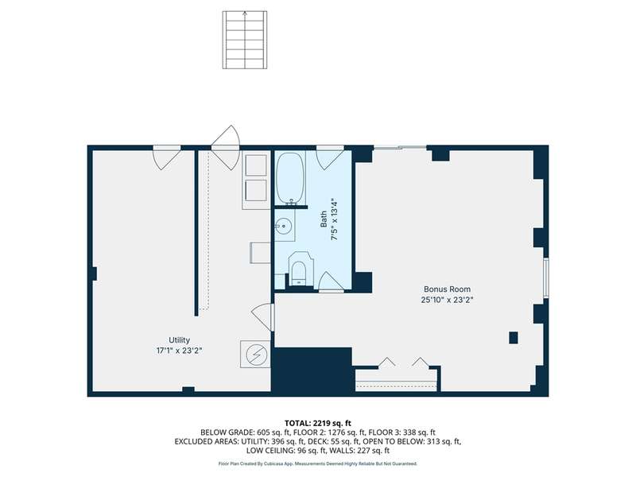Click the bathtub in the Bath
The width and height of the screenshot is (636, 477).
coord(290,178)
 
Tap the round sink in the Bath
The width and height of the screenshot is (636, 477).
coord(284,225)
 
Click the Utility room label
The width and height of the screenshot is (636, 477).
coord(180,340)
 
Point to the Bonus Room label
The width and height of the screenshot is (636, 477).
coord(447,289)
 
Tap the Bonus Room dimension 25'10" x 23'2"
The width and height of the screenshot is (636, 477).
coord(447,301)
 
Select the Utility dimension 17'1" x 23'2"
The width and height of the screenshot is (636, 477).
coord(180,351)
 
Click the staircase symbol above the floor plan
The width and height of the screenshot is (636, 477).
coord(245,40)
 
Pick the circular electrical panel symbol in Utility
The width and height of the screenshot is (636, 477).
coord(255,354)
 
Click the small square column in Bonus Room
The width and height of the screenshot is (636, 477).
coord(514,337)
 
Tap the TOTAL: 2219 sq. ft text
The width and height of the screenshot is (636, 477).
coord(317,424)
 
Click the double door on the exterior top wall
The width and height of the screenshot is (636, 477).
coord(226,148)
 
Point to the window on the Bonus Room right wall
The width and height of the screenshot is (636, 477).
coord(546,277)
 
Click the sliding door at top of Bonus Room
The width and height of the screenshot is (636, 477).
coord(400,148)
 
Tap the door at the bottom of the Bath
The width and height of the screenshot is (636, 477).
coord(331,282)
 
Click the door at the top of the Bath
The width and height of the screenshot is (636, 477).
coord(330,157)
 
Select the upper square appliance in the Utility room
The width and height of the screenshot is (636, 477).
coord(256,165)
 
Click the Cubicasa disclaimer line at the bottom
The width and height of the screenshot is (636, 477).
coord(317,463)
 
